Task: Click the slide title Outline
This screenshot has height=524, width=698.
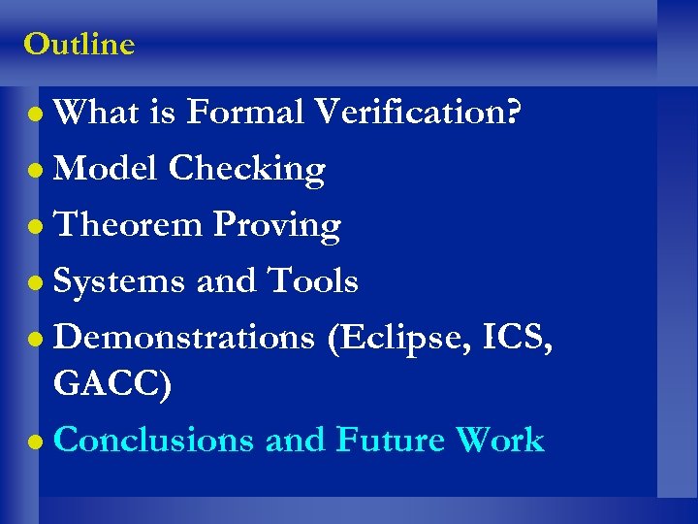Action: coord(79,44)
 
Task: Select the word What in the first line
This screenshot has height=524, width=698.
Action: coord(96,113)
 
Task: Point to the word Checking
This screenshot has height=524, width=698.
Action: coord(246,171)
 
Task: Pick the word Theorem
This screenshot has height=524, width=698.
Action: coord(128,225)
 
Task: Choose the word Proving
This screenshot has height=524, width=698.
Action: coord(276,227)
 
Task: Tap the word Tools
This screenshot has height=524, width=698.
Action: coord(312,281)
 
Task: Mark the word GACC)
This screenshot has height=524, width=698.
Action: coord(113,384)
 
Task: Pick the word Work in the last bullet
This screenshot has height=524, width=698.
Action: coord(500,441)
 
